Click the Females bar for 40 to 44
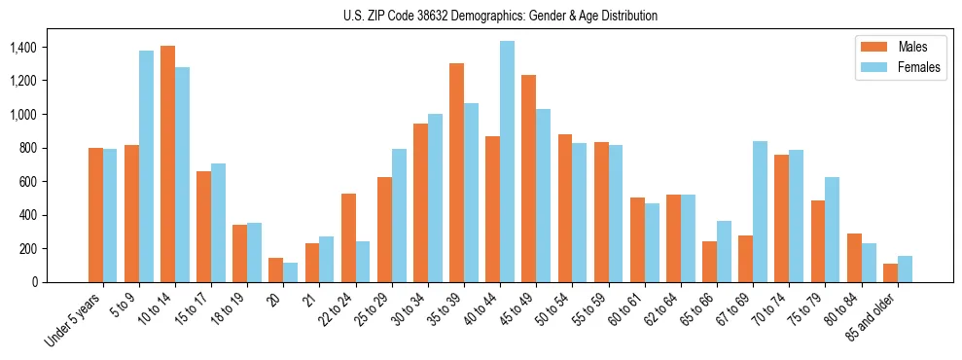[x=507, y=162]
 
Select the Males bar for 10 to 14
[x=167, y=164]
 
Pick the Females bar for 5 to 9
[x=146, y=166]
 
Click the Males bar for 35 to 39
[x=456, y=173]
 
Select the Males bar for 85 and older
[x=890, y=273]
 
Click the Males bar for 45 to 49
[x=528, y=179]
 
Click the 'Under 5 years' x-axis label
[x=74, y=320]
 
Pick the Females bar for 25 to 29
[x=399, y=216]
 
